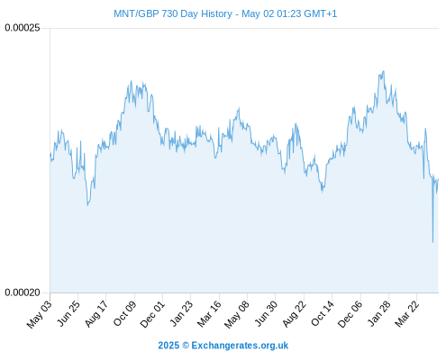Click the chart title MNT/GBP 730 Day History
click(173, 13)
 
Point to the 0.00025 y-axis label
click(23, 28)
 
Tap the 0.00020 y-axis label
click(23, 292)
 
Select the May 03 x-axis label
click(40, 314)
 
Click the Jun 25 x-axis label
click(68, 313)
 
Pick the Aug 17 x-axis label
click(96, 314)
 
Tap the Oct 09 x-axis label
click(124, 313)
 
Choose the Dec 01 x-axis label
click(152, 314)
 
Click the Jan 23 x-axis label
click(181, 313)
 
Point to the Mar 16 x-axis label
click(209, 314)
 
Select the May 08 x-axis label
click(237, 314)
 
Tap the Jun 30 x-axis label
click(266, 313)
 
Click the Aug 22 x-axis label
click(294, 314)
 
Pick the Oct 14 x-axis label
click(323, 313)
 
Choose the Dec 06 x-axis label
click(350, 314)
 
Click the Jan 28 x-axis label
click(379, 313)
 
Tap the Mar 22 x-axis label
click(406, 314)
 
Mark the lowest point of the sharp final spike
click(432, 242)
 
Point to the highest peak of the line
click(383, 71)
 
